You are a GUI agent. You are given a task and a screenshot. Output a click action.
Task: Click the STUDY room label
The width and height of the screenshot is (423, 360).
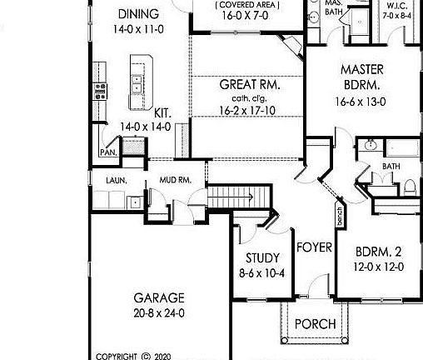point(262,257)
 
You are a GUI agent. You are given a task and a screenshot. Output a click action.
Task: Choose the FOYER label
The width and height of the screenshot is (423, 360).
point(315,247)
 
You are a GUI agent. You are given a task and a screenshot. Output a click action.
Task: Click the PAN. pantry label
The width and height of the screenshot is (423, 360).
point(107,152)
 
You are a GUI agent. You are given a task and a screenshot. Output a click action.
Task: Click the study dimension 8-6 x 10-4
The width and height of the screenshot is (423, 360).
point(262,272)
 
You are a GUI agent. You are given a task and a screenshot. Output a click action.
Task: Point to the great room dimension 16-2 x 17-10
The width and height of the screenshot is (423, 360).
point(248,110)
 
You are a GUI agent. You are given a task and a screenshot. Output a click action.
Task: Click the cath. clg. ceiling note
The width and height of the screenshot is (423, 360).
point(248,98)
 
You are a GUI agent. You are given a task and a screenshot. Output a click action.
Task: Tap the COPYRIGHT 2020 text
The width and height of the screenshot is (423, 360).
point(133,355)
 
